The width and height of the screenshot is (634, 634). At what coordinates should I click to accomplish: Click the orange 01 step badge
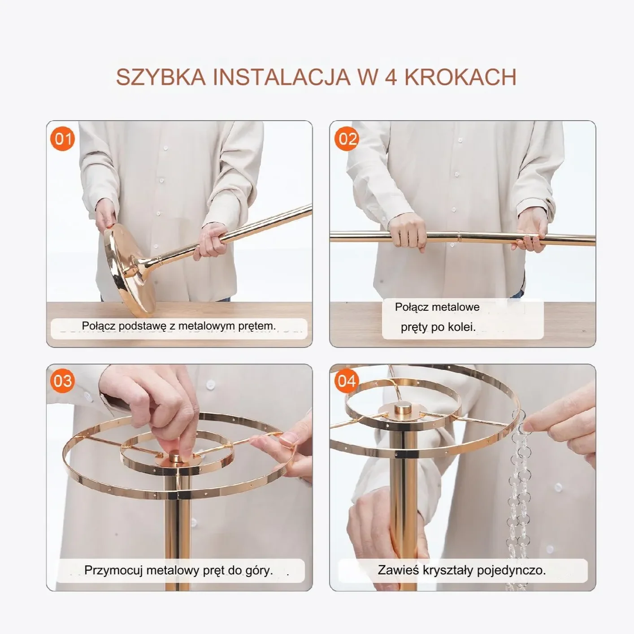click(62, 139)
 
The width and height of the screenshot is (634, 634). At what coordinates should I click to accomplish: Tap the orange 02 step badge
click(347, 139)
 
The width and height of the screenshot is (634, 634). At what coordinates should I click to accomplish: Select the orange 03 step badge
click(62, 381)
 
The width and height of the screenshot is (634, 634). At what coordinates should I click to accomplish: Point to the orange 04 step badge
click(347, 381)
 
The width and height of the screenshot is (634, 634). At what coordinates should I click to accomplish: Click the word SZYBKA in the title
click(161, 77)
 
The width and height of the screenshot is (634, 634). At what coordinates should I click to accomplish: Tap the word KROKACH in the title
click(460, 77)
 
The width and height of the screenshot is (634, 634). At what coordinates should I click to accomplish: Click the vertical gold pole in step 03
click(177, 526)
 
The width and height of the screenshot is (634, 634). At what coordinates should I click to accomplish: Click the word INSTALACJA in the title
click(282, 77)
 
